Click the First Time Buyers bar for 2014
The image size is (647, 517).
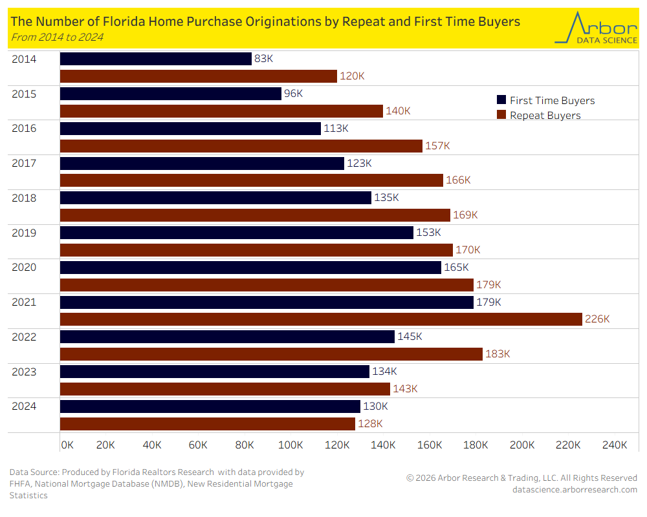(155, 59)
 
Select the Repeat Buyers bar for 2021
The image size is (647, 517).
(321, 319)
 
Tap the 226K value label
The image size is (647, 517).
(598, 319)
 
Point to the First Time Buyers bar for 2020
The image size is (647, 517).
(250, 267)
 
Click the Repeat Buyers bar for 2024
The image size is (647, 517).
(208, 423)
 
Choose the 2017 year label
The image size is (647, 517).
(24, 163)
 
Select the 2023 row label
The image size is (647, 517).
(24, 372)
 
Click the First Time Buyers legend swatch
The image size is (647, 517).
(501, 100)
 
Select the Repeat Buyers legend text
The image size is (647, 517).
(545, 116)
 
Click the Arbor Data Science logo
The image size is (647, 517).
(595, 28)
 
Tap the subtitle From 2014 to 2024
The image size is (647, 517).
(57, 37)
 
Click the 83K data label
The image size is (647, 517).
(264, 59)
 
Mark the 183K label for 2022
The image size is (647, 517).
(498, 354)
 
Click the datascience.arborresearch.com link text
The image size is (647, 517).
(575, 489)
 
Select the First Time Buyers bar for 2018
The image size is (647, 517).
(215, 197)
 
